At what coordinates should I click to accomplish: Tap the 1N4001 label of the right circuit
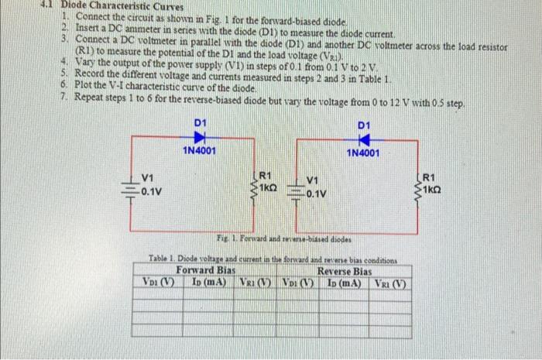pos(363,153)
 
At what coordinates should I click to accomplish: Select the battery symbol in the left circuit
pos(128,189)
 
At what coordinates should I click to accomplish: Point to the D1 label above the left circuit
pos(200,122)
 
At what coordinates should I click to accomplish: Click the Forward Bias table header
pos(205,271)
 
